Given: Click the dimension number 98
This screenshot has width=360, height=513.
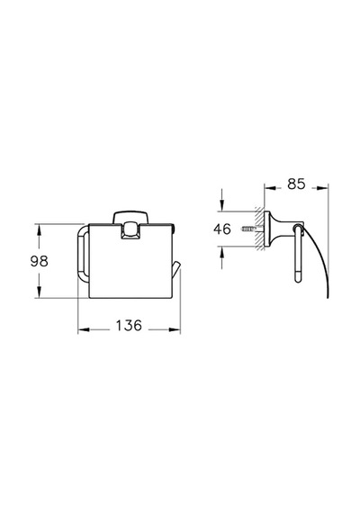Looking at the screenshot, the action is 39,261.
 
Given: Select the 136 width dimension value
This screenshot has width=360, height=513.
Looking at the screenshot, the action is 129,326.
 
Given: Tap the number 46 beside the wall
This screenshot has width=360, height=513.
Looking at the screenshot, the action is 222,229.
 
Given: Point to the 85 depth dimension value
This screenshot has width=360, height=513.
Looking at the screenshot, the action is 296,184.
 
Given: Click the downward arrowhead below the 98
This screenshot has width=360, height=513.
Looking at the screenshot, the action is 39,292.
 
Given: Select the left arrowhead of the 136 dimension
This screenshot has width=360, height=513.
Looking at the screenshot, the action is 84,329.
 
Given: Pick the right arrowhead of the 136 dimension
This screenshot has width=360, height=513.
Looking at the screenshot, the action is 175,329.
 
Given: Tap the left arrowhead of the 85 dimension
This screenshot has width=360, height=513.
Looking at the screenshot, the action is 271,188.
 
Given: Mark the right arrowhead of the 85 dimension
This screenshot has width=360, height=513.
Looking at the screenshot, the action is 322,188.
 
